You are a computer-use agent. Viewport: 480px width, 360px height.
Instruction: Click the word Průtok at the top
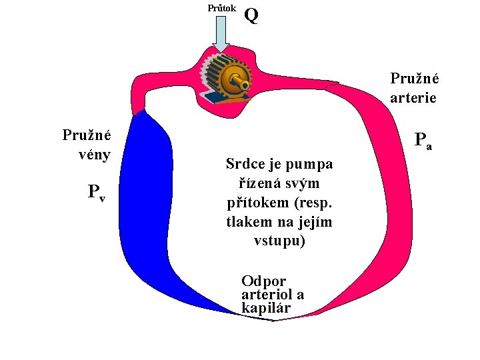pos(221,9)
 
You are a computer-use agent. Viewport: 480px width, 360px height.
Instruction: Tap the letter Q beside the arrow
pos(252,15)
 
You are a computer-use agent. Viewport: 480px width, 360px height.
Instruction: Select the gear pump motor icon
pos(227,79)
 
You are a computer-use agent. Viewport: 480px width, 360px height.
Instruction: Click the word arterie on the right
pos(413,97)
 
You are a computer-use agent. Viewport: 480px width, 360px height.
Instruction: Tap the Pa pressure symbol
pos(423,141)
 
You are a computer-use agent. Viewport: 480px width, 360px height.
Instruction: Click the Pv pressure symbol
pos(97,193)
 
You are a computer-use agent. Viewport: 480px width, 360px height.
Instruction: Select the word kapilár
pos(266,308)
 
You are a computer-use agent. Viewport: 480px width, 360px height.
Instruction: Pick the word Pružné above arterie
pos(414,78)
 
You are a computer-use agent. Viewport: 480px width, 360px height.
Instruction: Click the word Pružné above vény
pos(87,135)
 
